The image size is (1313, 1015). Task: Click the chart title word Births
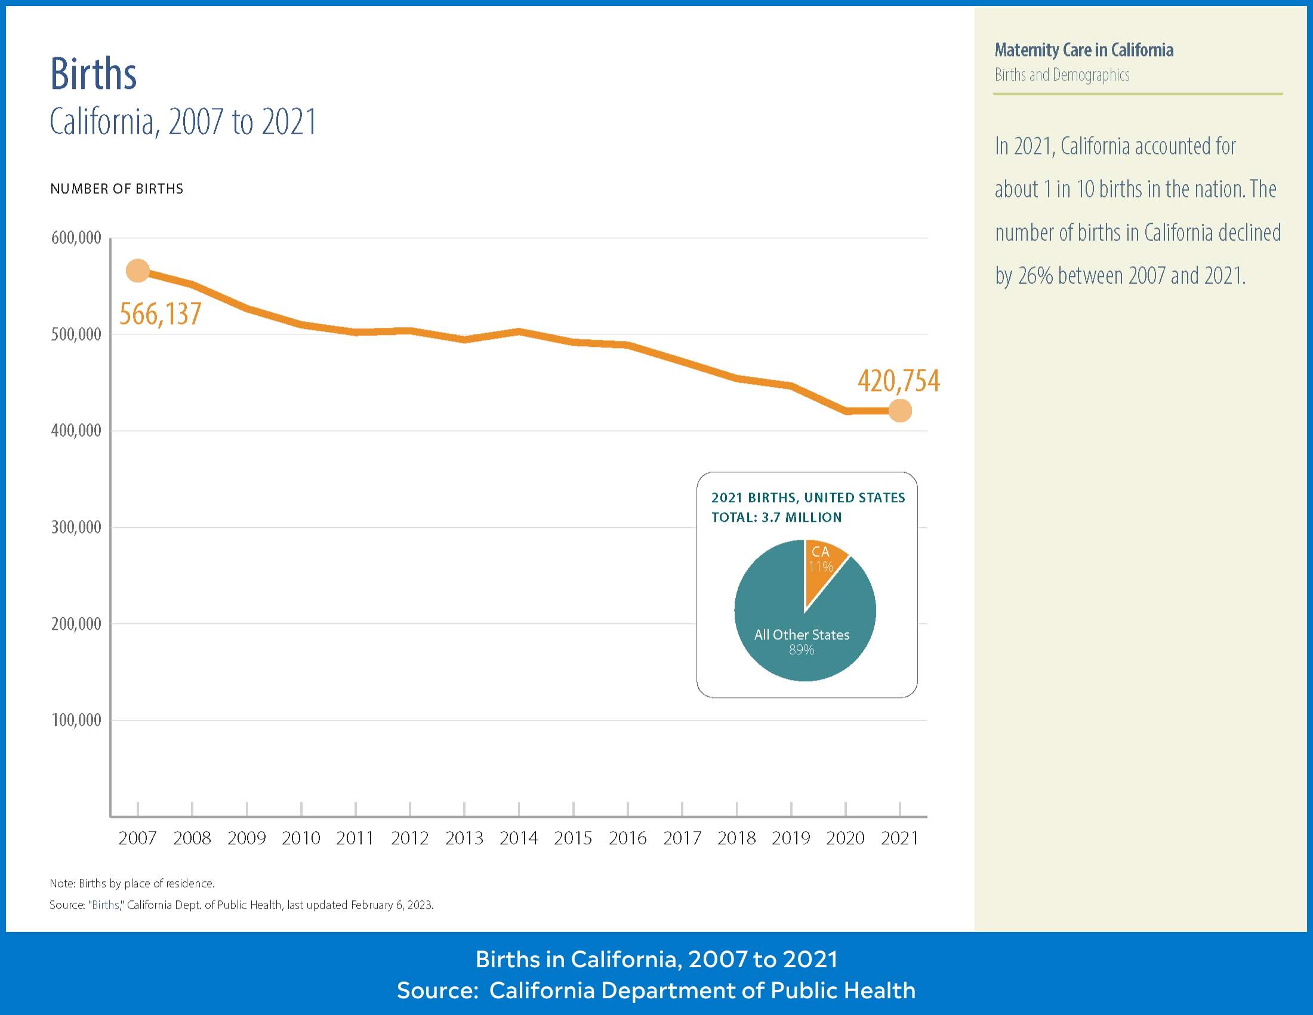(93, 75)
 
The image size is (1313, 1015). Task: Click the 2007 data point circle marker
(138, 270)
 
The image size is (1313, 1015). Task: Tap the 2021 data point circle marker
(899, 411)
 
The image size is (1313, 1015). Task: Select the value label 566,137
(160, 314)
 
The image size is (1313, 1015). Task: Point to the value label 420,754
(898, 381)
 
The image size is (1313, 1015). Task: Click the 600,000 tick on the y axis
(76, 238)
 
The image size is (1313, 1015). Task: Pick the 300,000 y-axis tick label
(76, 527)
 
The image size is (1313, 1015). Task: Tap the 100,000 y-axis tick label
(76, 720)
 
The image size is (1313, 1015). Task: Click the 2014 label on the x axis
(518, 838)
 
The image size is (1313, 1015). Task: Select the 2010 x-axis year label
(301, 838)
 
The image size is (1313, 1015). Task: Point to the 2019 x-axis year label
(791, 838)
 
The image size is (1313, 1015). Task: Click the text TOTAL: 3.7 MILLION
(776, 517)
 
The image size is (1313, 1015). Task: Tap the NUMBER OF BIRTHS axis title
(116, 189)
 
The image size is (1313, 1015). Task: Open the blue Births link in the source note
(105, 905)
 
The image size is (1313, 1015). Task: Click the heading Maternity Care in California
(1083, 50)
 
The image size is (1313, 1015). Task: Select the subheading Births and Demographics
(1062, 75)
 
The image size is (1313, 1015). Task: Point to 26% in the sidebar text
(1035, 275)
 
